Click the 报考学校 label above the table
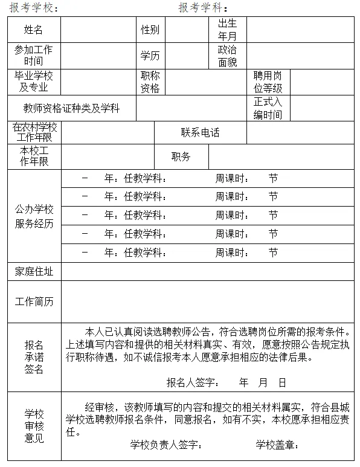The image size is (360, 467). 34,8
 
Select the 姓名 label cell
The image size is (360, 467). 34,30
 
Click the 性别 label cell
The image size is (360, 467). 150,30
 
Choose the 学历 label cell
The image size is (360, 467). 150,56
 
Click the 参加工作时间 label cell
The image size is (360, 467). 34,56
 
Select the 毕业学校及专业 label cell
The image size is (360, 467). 34,82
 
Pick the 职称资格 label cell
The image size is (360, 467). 150,82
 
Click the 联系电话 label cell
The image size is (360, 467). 200,133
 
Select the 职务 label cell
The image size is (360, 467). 181,156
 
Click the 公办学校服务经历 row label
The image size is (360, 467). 34,216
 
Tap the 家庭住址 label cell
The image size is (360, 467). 34,272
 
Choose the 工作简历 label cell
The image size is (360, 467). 34,301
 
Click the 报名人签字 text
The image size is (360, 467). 192,382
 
